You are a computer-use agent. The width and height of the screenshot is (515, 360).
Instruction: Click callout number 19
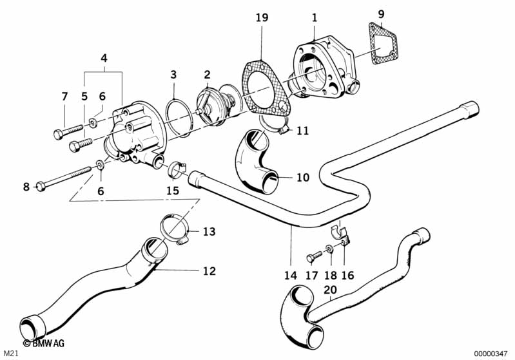pos(261,17)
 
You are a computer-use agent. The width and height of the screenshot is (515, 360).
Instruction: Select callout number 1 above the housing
pos(314,17)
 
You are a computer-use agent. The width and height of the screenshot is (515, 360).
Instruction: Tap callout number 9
pos(380,14)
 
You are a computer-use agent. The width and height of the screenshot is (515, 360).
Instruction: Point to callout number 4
pos(104,59)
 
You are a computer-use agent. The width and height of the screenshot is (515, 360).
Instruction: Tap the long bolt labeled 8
pos(64,178)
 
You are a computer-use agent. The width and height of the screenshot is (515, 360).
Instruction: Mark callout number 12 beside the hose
pos(209,271)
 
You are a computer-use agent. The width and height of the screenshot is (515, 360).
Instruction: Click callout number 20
pos(330,290)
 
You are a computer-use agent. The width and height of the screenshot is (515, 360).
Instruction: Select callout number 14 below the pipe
pos(291,275)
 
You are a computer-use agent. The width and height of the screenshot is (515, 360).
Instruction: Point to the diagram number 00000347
pos(491,354)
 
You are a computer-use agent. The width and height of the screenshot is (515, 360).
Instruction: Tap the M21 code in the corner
pos(12,354)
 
